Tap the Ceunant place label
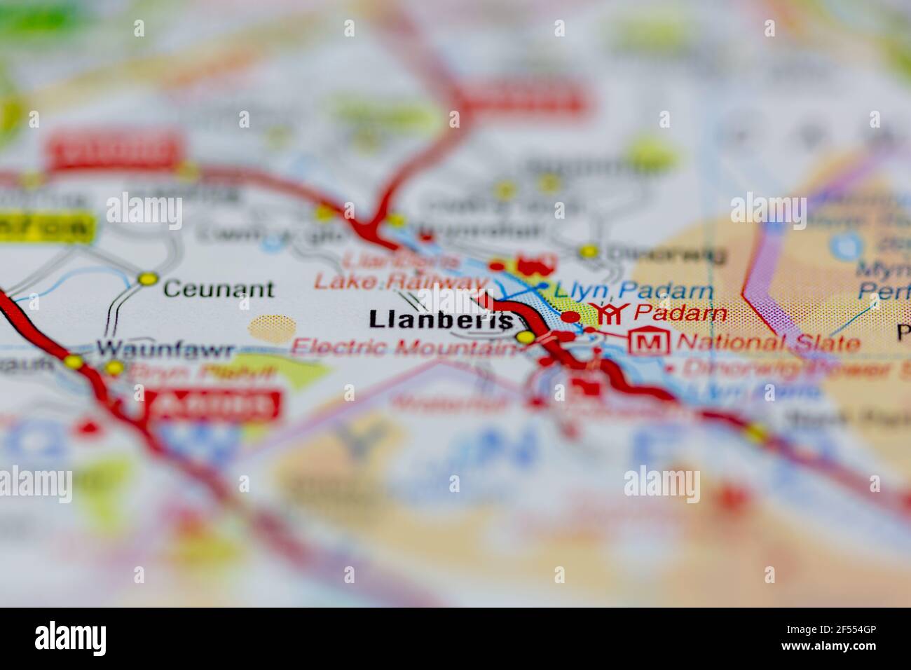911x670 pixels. (217, 289)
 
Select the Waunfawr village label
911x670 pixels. (165, 348)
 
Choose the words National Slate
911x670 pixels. (769, 343)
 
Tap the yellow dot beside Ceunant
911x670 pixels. (147, 280)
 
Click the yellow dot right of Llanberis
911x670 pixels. (525, 339)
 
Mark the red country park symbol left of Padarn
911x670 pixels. (608, 313)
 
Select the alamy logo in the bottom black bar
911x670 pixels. (71, 638)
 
